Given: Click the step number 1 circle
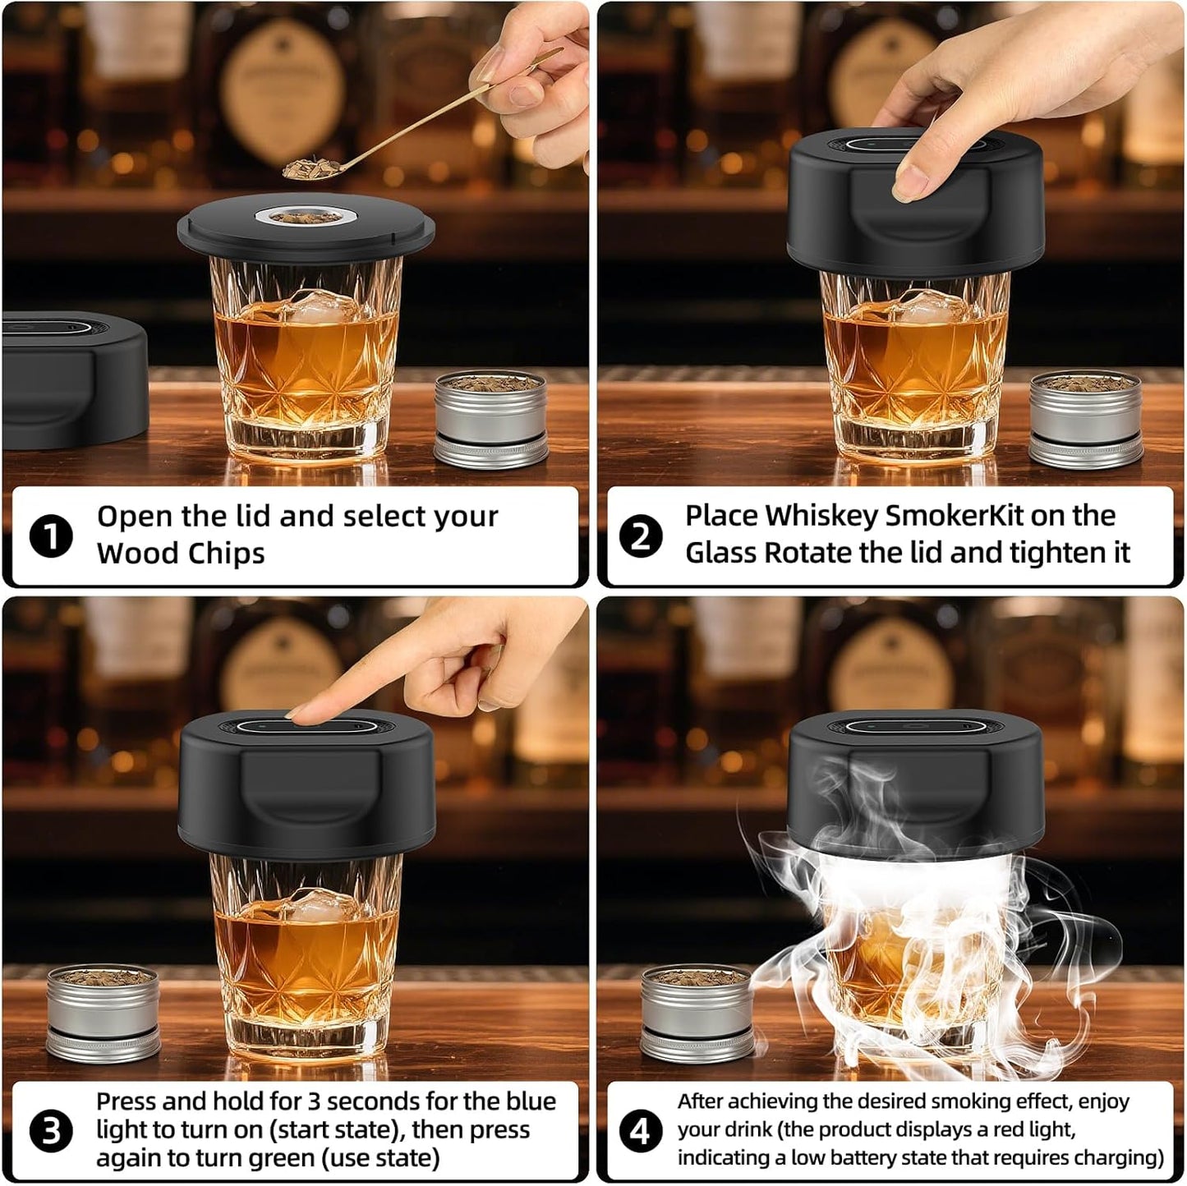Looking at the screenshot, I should point(51,537).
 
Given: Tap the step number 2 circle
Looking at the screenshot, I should point(640,537).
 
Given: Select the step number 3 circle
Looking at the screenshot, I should point(51,1131).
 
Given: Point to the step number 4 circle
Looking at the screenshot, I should point(640,1131).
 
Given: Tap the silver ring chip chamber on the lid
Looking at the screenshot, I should point(306,217).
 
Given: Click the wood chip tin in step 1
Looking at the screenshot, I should point(490,419).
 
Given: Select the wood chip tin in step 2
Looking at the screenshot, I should point(1085,419).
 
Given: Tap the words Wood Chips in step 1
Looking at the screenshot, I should point(181,554).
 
